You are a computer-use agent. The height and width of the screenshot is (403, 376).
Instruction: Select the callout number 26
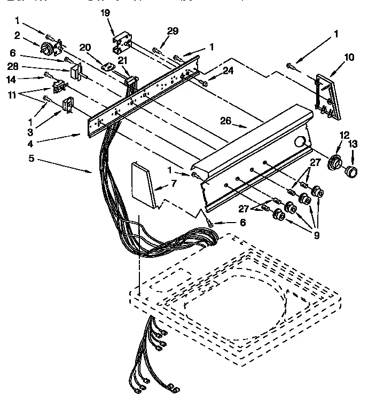pyautogui.click(x=225, y=121)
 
